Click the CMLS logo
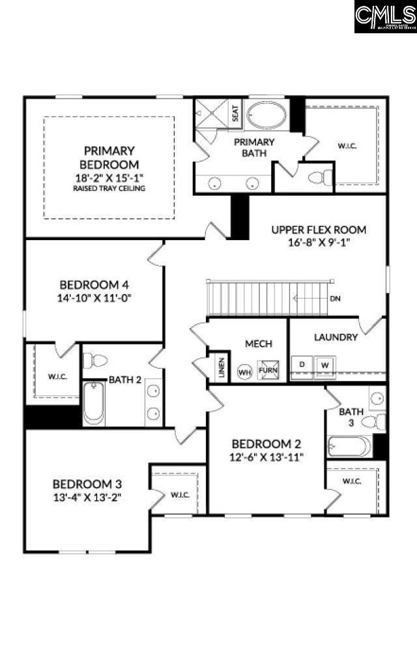point(385,17)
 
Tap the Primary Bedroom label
point(109,157)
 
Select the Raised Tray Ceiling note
point(109,189)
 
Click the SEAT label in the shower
point(235,115)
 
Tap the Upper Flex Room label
point(319,230)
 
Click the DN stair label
point(336,299)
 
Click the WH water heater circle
point(244,372)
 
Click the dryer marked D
point(302,365)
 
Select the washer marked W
point(324,365)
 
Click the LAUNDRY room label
point(336,337)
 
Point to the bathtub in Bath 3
point(350,447)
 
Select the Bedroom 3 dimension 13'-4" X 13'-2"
point(87,496)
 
